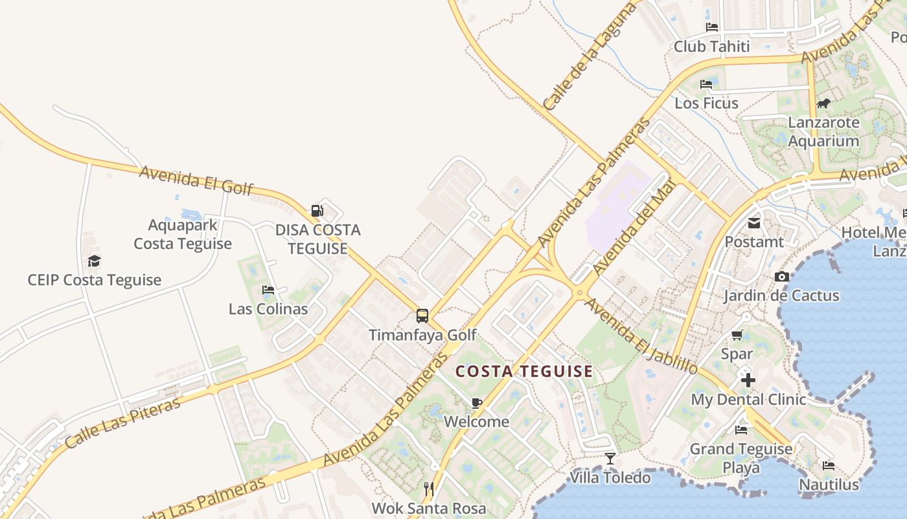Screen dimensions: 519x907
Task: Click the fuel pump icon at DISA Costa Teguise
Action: (x=317, y=211)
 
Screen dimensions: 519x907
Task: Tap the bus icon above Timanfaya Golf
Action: (x=422, y=316)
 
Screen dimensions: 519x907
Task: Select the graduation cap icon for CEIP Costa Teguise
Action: (x=95, y=261)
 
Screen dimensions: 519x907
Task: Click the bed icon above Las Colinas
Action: (x=268, y=290)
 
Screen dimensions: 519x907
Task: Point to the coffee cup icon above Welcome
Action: (x=477, y=403)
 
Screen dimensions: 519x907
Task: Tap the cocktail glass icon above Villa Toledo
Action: (x=610, y=459)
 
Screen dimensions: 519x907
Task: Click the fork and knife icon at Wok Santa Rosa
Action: (x=428, y=489)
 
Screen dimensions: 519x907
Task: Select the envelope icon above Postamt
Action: (x=754, y=223)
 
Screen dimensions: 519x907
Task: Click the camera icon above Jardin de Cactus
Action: (x=782, y=277)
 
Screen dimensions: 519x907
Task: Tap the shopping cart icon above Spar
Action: (x=737, y=335)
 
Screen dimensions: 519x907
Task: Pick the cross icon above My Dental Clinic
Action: (x=748, y=380)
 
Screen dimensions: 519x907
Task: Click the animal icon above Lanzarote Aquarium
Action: (x=823, y=104)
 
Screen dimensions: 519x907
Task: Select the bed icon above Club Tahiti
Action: (x=712, y=27)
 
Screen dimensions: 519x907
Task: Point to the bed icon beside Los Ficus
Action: (x=706, y=84)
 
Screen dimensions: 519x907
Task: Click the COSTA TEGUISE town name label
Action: (x=523, y=372)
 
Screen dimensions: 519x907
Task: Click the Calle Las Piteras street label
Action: (x=123, y=424)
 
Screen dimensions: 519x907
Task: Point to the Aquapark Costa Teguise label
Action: (x=183, y=234)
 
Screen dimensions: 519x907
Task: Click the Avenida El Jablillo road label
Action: (x=641, y=335)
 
